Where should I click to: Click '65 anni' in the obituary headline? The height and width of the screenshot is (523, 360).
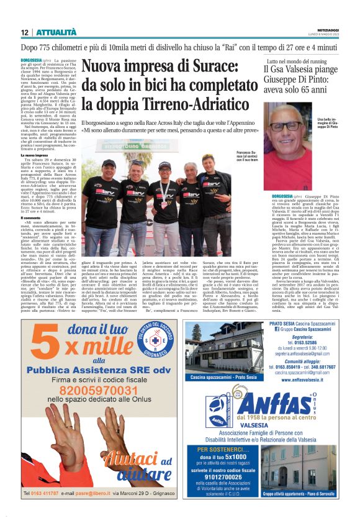307,92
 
